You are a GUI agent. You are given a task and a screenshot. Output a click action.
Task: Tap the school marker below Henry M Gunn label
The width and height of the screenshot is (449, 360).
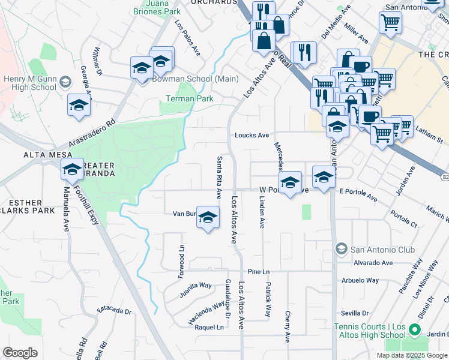[x=79, y=107]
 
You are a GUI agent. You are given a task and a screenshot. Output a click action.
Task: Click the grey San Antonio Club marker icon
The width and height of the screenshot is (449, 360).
[x=341, y=249]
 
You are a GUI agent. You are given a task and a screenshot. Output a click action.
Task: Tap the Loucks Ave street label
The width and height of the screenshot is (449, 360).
[x=252, y=135]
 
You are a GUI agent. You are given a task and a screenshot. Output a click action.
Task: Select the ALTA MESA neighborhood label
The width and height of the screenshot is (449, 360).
[x=23, y=154]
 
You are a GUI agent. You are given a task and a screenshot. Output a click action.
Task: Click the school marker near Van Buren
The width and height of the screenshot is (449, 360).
[x=208, y=218]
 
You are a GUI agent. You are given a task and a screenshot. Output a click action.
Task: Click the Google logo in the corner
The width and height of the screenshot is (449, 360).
[x=20, y=353]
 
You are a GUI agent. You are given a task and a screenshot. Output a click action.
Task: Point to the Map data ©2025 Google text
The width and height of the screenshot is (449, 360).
[x=412, y=355]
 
